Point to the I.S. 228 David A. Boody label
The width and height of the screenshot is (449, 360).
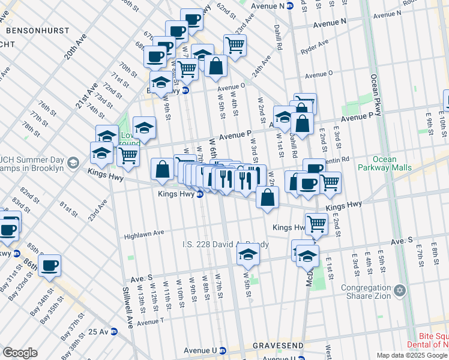pyautogui.click(x=226, y=245)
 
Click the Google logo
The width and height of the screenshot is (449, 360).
pyautogui.click(x=20, y=353)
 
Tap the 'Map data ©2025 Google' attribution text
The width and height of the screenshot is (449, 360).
pyautogui.click(x=411, y=355)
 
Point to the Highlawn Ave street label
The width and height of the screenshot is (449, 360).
pyautogui.click(x=144, y=233)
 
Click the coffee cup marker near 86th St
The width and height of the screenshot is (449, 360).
pyautogui.click(x=49, y=265)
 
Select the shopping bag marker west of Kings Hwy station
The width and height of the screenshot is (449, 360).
pyautogui.click(x=162, y=169)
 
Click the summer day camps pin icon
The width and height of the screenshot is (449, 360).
pyautogui.click(x=73, y=163)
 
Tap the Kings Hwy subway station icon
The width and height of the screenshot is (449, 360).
pyautogui.click(x=199, y=194)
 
